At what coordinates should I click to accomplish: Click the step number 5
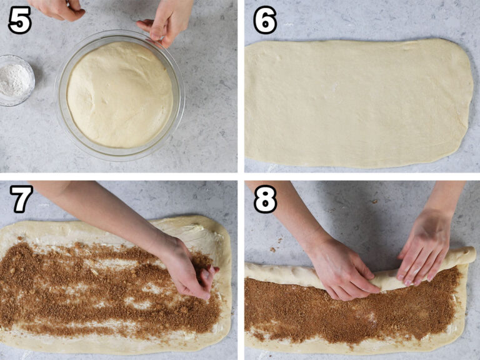coord(19,21)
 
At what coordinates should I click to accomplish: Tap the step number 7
coord(21,199)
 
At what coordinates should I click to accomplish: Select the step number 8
coord(265,199)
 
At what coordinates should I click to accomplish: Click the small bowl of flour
coord(14,79)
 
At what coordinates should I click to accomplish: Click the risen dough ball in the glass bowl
coord(120,94)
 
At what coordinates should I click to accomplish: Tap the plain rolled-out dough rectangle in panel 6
coord(357,103)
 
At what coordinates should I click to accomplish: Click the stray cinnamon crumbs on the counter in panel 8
coord(273,249)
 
